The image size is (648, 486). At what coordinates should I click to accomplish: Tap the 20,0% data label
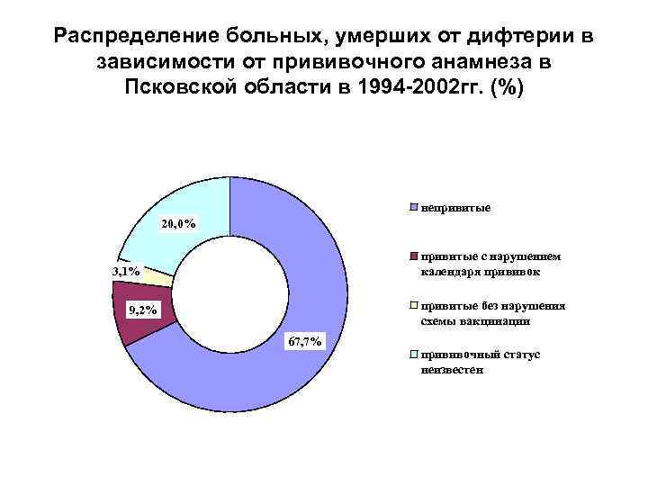(178, 224)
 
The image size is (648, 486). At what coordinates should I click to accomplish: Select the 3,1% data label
(125, 271)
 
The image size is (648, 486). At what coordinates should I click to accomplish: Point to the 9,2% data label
(143, 311)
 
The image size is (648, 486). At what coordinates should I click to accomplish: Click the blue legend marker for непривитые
(413, 208)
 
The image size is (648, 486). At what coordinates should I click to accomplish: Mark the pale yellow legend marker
(413, 306)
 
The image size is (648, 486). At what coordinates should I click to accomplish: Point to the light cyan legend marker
(413, 355)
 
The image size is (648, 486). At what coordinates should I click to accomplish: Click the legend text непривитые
(455, 208)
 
